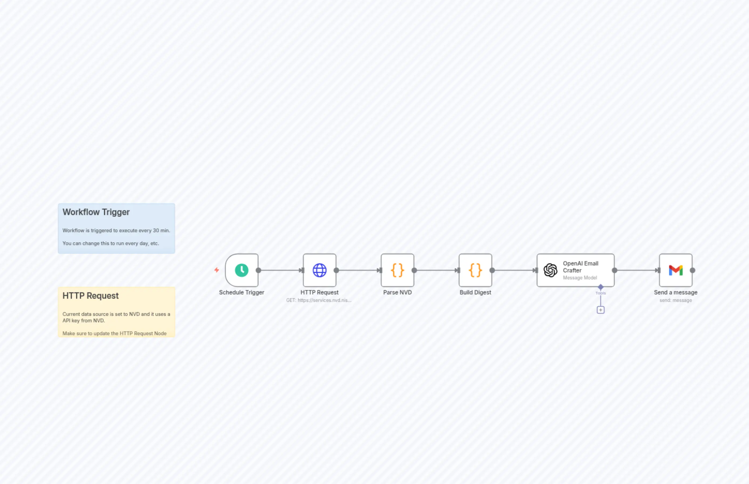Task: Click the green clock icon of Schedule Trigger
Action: [x=242, y=270]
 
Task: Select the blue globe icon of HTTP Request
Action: [x=320, y=270]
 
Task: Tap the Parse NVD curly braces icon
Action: [x=398, y=270]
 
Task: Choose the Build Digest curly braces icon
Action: [x=475, y=270]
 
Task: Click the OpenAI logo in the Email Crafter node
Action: [x=550, y=270]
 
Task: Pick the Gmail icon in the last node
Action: [x=676, y=270]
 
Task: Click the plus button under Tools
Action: [x=600, y=310]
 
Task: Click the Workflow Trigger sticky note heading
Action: [x=96, y=212]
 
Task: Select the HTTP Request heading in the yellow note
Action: [x=91, y=296]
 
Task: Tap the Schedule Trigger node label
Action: [x=242, y=292]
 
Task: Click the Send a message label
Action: [x=676, y=292]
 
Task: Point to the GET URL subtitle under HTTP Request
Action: [x=318, y=300]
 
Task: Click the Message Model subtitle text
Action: [x=580, y=278]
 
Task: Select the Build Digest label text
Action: [x=475, y=292]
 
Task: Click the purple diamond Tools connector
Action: [x=600, y=287]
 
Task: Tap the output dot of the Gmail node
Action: [x=692, y=270]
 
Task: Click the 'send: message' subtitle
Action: [x=676, y=300]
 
